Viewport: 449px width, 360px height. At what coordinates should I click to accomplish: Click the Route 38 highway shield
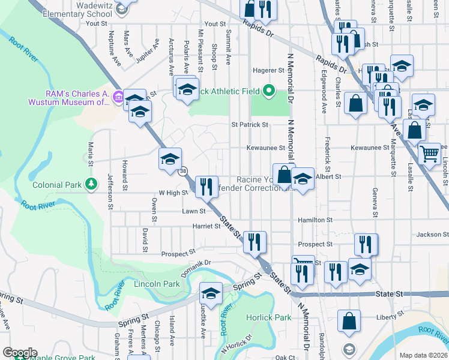click(x=182, y=172)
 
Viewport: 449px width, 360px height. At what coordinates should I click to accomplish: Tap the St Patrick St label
click(x=250, y=125)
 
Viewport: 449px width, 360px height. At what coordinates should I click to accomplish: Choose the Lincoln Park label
click(x=157, y=284)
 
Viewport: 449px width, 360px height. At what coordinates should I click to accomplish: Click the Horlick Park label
click(x=268, y=317)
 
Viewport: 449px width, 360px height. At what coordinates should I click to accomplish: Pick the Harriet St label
click(x=206, y=226)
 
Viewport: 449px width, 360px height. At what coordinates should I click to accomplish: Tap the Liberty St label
click(x=384, y=316)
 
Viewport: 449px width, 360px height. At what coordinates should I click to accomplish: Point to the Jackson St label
click(x=432, y=235)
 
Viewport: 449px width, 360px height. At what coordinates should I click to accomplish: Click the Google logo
click(x=20, y=353)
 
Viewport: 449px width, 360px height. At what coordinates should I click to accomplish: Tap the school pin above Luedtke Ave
click(x=211, y=294)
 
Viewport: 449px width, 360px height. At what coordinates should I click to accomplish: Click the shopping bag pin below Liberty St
click(x=349, y=322)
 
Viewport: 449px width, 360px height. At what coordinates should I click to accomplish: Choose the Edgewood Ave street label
click(x=324, y=100)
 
